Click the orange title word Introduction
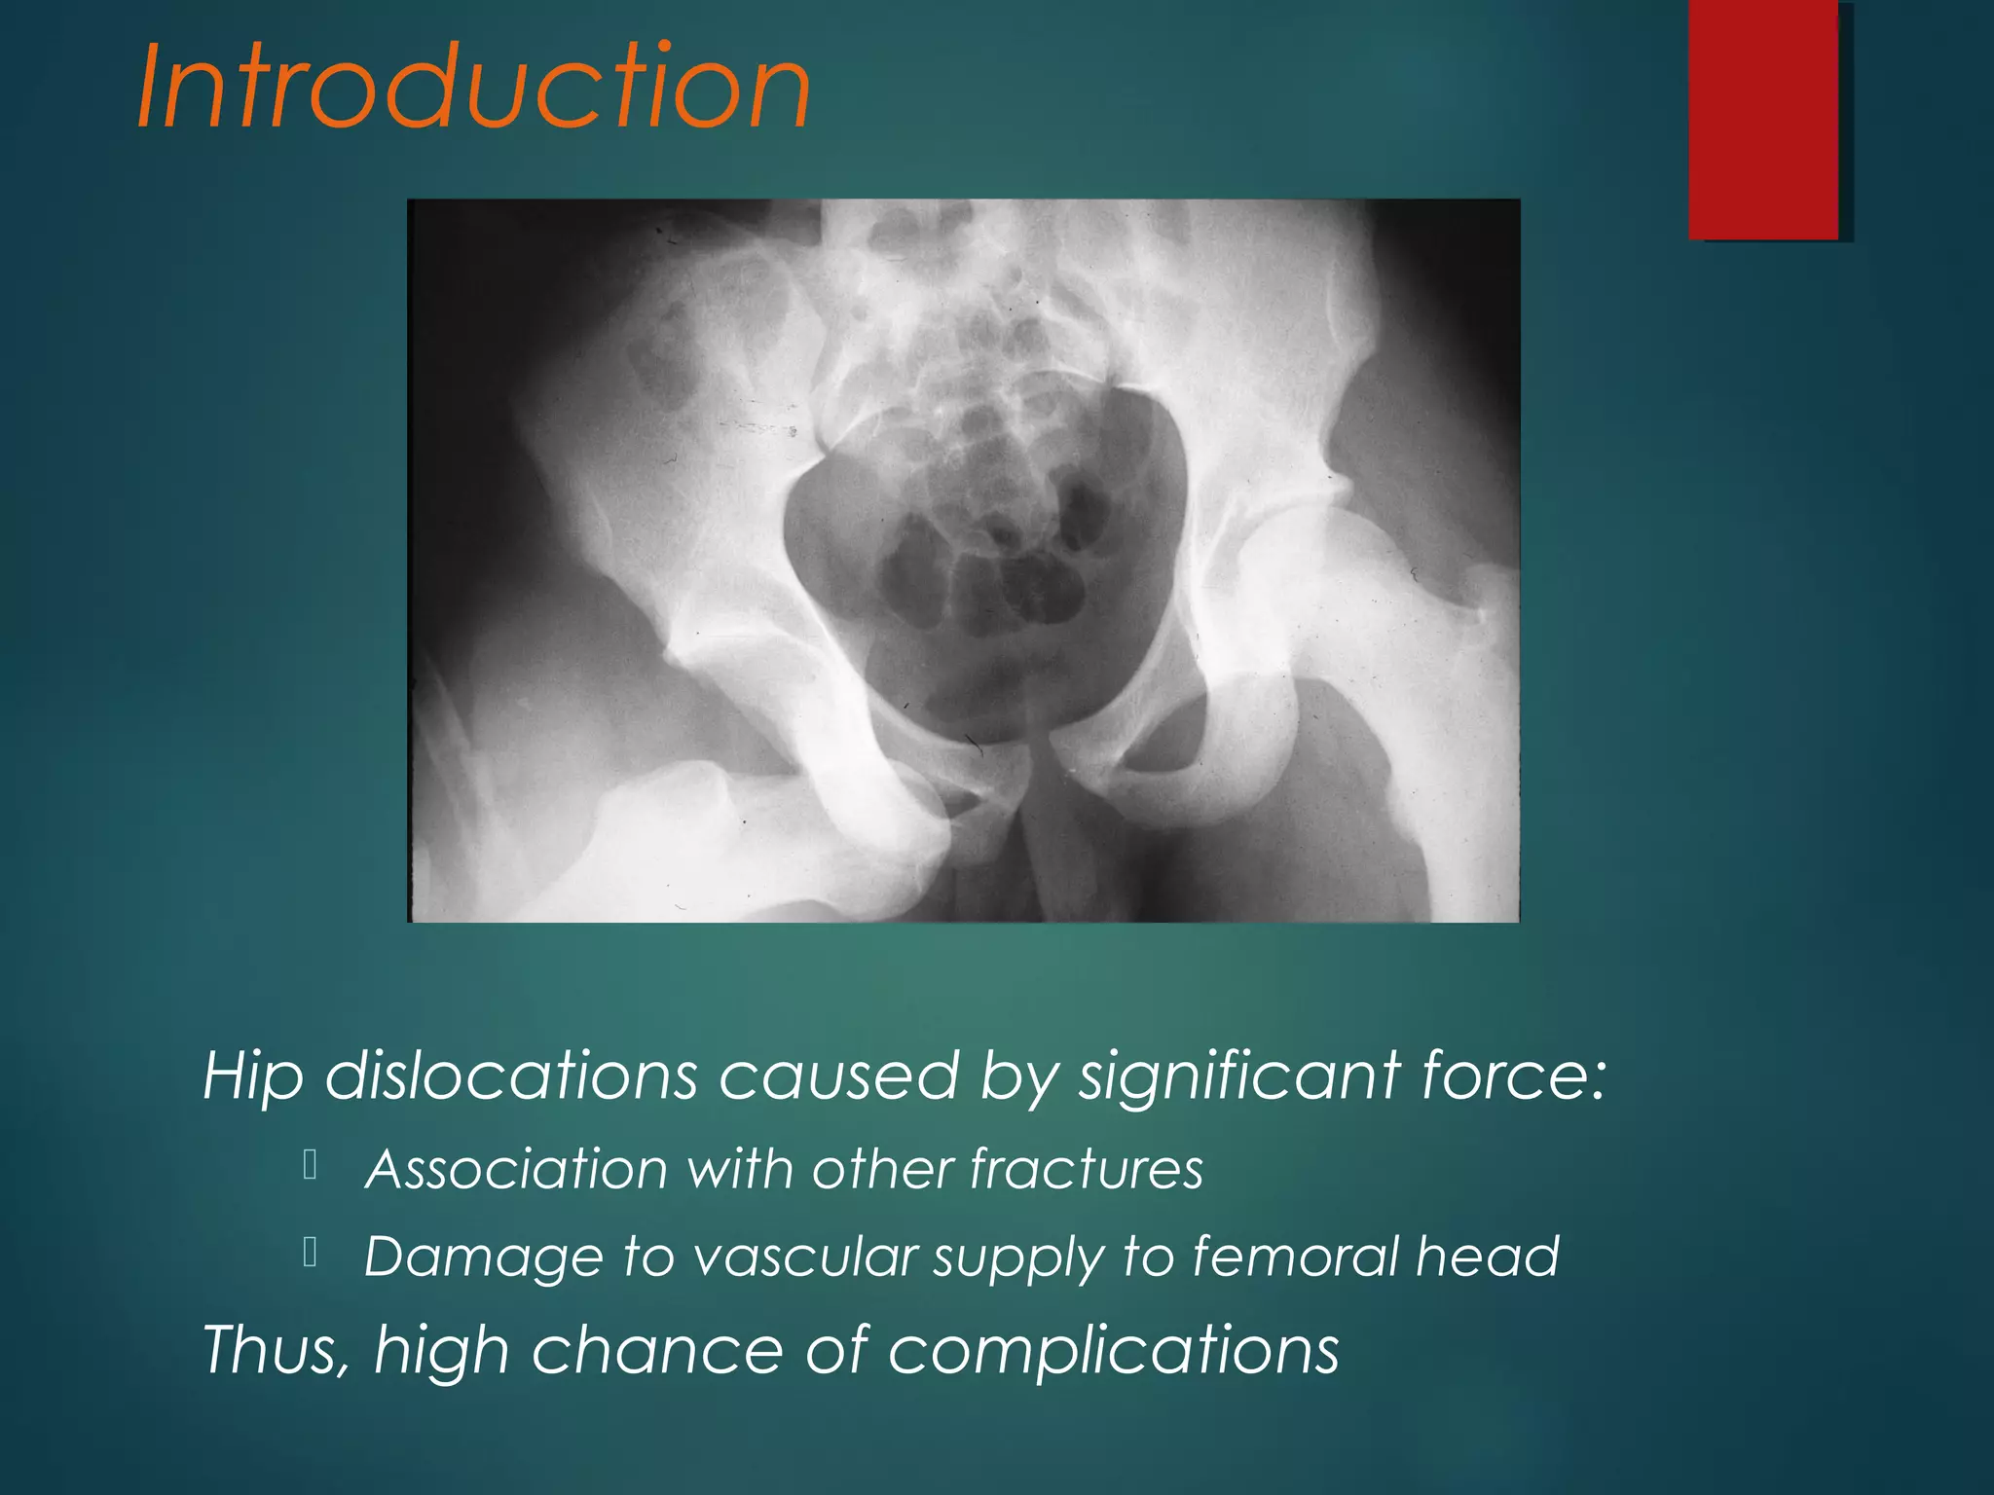tap(474, 88)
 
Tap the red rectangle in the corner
tap(1763, 119)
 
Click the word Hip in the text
tap(251, 1077)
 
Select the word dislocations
tap(511, 1076)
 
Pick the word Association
tap(516, 1168)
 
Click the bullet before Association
tap(311, 1165)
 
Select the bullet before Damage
tap(311, 1253)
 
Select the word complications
tap(1113, 1351)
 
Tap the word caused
tap(839, 1076)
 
